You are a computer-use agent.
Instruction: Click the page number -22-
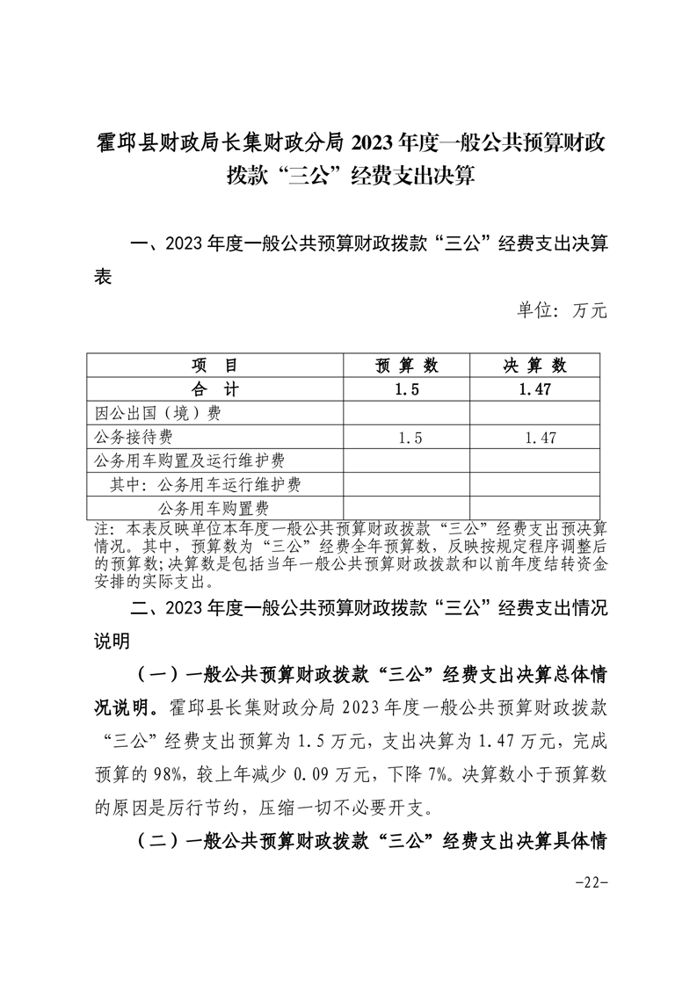(594, 882)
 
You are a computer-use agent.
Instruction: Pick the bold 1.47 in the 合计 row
(534, 389)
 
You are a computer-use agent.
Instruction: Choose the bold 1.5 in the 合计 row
(406, 389)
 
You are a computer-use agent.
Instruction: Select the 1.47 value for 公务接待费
(534, 437)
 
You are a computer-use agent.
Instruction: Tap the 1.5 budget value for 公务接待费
(406, 437)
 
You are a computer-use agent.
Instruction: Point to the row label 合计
(214, 389)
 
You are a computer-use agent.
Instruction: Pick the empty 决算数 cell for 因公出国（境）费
(534, 413)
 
